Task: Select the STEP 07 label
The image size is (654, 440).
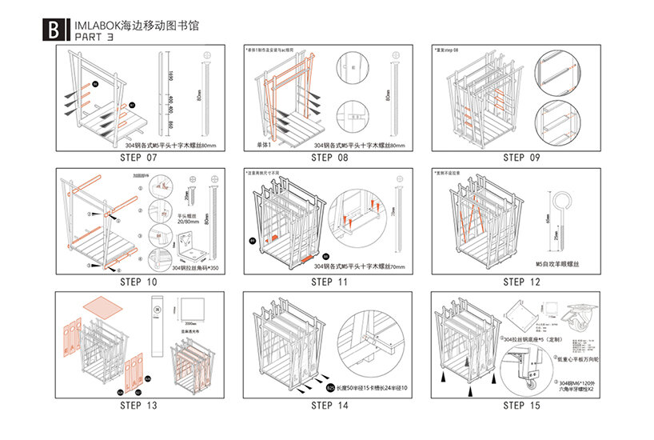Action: pyautogui.click(x=139, y=157)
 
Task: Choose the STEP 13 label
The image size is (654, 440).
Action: pyautogui.click(x=139, y=406)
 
